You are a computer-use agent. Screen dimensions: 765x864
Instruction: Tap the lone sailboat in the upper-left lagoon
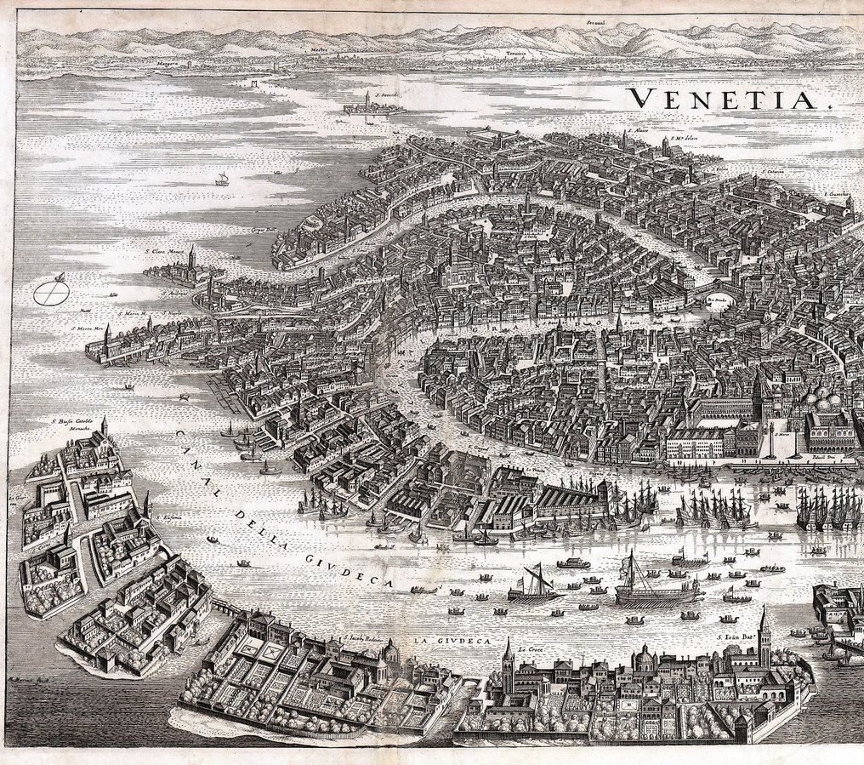223,179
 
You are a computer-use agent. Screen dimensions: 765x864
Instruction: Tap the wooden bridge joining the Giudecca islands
224,607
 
